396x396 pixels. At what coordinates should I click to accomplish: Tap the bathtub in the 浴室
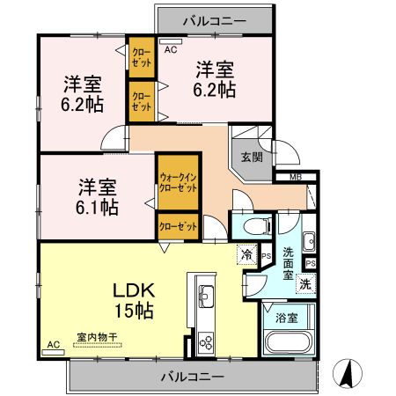click(288, 344)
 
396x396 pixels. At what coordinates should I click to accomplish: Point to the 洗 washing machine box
click(304, 283)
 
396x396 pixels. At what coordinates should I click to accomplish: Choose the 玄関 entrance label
click(252, 158)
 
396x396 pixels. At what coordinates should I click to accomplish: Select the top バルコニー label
click(214, 18)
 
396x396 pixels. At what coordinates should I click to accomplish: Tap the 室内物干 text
click(97, 338)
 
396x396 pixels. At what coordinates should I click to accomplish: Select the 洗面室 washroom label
click(287, 260)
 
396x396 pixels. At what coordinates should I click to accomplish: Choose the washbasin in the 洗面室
click(307, 242)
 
